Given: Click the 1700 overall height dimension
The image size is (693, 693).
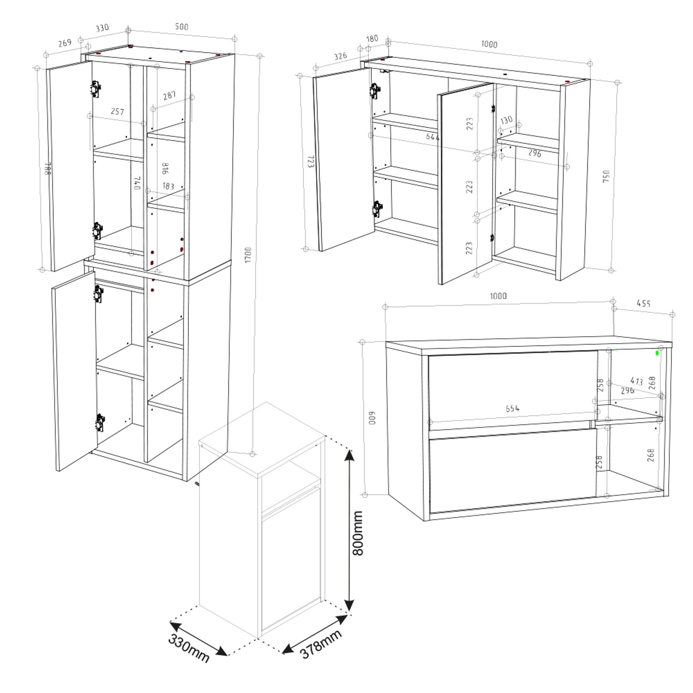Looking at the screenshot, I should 248,255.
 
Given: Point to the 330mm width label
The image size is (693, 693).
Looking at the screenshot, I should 188,648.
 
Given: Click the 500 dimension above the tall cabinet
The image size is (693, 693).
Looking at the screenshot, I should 182,27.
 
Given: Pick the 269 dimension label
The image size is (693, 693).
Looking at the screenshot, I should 65,43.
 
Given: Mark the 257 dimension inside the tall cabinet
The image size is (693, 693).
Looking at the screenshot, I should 117,111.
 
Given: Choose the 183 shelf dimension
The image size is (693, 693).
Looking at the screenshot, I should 168,186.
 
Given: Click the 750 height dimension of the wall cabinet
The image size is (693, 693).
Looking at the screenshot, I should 606,176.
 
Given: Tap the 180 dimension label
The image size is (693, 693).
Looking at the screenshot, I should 372,39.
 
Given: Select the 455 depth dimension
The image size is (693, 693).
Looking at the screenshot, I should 644,304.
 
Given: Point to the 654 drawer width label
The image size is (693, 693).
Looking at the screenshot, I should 512,408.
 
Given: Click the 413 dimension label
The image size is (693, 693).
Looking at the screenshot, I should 636,381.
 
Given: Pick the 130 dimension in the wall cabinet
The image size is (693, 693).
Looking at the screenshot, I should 506,120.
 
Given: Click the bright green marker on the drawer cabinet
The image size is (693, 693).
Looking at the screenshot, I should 657,353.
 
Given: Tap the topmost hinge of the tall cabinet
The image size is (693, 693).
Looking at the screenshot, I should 96,89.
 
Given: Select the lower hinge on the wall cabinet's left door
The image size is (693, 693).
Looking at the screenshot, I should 377,208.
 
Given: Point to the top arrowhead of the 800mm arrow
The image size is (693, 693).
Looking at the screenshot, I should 349,455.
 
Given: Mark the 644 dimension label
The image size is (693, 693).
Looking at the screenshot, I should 432,137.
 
